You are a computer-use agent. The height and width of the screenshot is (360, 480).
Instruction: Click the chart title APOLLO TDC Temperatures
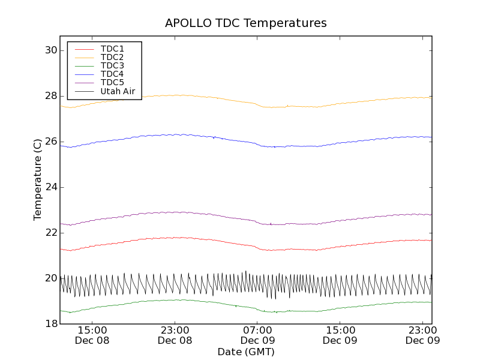(246, 23)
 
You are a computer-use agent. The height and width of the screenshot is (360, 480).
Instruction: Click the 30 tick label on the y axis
(50, 50)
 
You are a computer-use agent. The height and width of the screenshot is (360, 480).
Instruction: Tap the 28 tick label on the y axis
(50, 96)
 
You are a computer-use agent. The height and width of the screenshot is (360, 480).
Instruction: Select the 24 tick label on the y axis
(50, 187)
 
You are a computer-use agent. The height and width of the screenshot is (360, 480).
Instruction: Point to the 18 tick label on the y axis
(50, 324)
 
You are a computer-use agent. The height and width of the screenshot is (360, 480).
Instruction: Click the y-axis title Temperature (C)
(38, 179)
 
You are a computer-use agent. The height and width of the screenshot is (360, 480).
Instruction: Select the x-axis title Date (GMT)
(246, 352)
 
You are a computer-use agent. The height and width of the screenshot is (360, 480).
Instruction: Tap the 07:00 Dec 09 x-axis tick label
(257, 335)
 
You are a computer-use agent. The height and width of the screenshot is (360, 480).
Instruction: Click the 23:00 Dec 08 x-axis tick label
(175, 335)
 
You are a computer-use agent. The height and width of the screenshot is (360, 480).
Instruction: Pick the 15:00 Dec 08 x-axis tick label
(92, 335)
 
